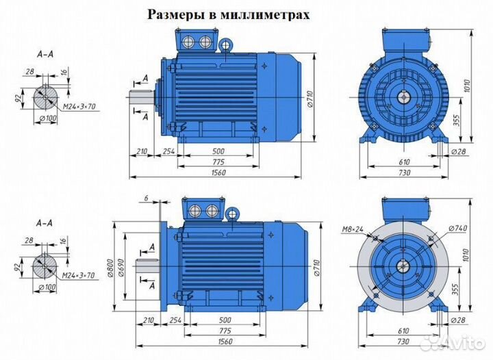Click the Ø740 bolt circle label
[442, 229]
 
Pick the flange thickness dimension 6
[146, 198]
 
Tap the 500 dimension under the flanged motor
[218, 319]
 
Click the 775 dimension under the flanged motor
[218, 330]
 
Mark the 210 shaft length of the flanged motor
[144, 319]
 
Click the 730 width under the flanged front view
[404, 341]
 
